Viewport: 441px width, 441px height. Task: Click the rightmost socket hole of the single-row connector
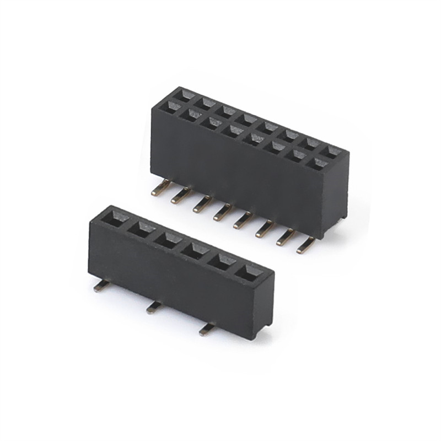pyautogui.click(x=249, y=273)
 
